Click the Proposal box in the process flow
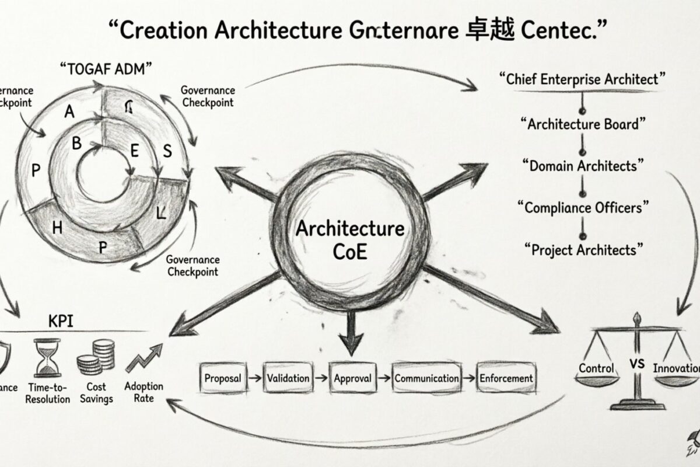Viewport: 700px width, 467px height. click(223, 378)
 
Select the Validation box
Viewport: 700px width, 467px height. click(288, 378)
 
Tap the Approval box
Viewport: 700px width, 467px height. click(352, 378)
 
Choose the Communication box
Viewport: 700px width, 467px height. click(426, 378)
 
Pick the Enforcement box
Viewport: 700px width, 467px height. click(506, 378)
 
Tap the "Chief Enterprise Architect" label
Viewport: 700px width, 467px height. click(583, 79)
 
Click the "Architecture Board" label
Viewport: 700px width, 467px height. click(583, 124)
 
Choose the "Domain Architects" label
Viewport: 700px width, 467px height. click(583, 166)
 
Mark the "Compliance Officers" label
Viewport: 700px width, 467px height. click(583, 207)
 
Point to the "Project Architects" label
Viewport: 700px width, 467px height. click(583, 250)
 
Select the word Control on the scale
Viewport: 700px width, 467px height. click(596, 368)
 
